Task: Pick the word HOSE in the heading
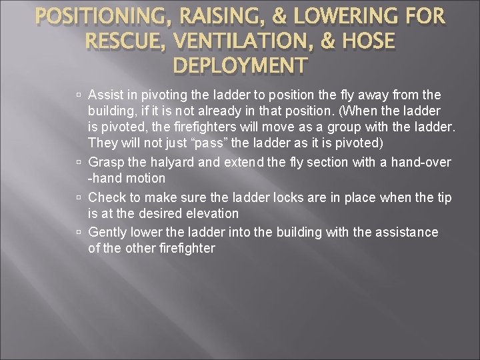pyautogui.click(x=361, y=41)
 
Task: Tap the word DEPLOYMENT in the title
pyautogui.click(x=240, y=65)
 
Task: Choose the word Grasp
pyautogui.click(x=105, y=162)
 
